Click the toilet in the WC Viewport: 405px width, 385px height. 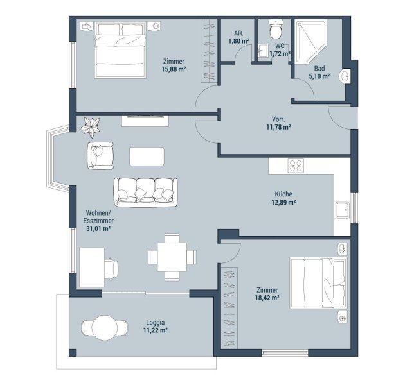(x=275, y=29)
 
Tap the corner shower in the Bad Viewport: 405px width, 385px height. (x=310, y=41)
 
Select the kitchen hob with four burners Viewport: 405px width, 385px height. (x=296, y=166)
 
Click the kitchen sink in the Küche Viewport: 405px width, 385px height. (x=343, y=210)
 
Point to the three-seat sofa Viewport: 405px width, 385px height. (x=146, y=192)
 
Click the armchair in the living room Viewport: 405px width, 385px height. (x=100, y=156)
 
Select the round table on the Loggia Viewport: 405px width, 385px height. (x=105, y=328)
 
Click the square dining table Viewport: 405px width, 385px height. (x=172, y=257)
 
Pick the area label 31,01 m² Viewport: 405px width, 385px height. (x=98, y=228)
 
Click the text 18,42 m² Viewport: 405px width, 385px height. (x=267, y=298)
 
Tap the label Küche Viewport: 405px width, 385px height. (x=283, y=194)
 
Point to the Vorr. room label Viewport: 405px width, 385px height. (x=278, y=119)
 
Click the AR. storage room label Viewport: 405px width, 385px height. (x=239, y=33)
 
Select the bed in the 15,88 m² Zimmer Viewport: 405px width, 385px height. (x=120, y=50)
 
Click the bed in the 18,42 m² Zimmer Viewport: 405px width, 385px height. (x=318, y=282)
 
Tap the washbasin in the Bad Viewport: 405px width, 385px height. (x=345, y=76)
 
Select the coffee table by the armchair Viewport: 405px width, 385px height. (x=147, y=157)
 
